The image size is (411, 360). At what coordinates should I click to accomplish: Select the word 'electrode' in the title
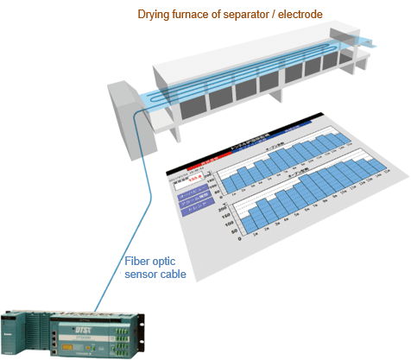click(x=299, y=15)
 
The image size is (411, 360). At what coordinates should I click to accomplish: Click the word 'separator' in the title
click(x=251, y=15)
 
